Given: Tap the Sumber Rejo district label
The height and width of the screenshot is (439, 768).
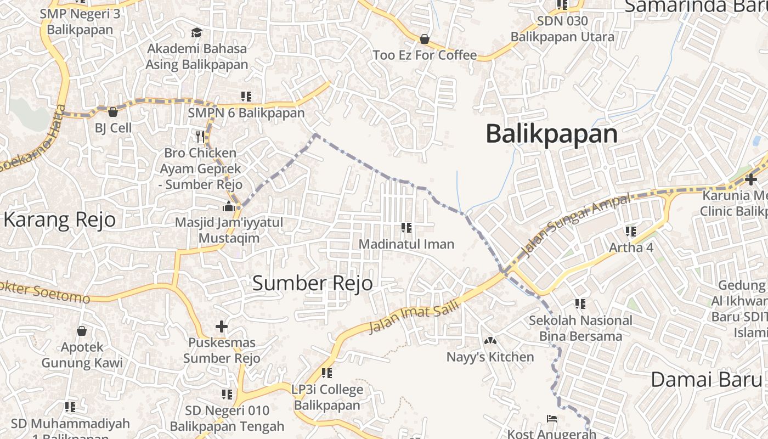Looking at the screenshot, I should pos(312,283).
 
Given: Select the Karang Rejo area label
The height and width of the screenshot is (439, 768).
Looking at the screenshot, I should pos(60,219).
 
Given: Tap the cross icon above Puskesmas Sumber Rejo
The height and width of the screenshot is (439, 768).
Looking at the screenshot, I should pos(222,327).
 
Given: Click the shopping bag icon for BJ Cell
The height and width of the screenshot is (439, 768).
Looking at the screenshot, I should pos(113,112).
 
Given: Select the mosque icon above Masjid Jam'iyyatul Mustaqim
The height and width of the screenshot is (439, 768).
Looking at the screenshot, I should pos(229,207).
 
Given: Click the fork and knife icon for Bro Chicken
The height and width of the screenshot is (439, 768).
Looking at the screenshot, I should pos(200,136).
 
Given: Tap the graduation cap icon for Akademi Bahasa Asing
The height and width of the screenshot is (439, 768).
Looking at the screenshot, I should pos(196,33).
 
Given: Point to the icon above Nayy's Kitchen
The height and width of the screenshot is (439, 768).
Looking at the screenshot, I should pos(490,341).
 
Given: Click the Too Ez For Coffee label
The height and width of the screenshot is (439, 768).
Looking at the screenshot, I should pos(425,55).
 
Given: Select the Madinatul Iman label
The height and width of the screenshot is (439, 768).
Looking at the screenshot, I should pos(406,244).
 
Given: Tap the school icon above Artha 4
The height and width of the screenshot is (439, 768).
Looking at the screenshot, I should pos(631,232).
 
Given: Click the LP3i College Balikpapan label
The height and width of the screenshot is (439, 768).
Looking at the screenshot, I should pos(327,397).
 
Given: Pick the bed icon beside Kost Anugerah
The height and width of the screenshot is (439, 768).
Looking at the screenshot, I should pos(552,419).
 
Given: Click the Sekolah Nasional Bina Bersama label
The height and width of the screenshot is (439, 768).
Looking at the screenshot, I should pos(580,328).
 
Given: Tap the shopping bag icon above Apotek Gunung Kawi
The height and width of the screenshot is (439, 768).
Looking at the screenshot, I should pos(82,331).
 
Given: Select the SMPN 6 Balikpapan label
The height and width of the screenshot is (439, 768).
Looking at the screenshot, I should pos(246,113).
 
